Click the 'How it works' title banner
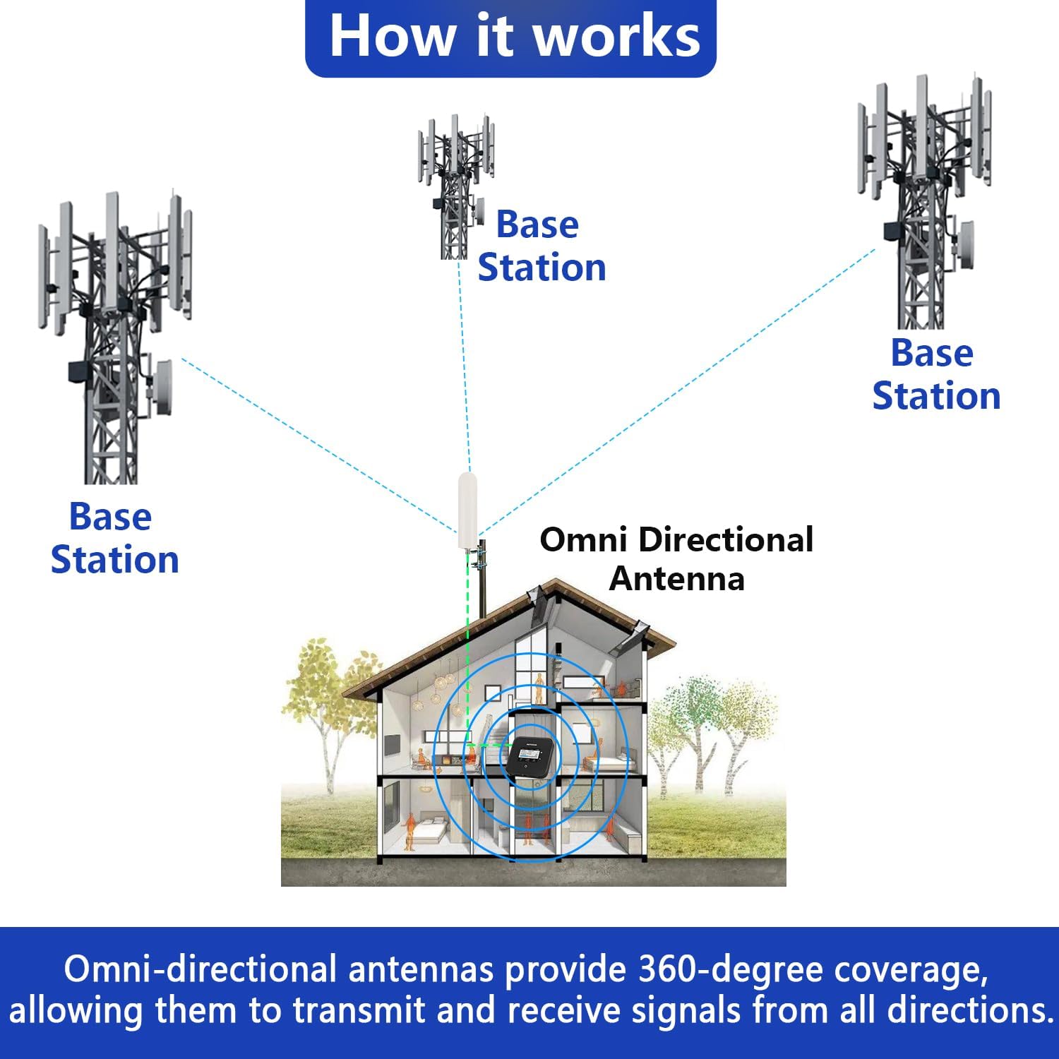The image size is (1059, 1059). point(511,37)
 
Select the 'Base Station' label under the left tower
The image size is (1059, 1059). point(114,538)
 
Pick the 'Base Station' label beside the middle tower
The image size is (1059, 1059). point(541,246)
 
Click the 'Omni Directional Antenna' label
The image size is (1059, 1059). point(676,559)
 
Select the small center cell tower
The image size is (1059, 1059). point(455,187)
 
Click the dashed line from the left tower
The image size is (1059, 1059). point(318,445)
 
